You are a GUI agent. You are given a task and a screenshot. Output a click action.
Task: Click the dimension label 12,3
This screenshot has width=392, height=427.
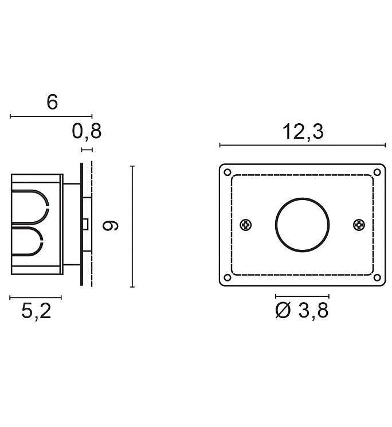303,132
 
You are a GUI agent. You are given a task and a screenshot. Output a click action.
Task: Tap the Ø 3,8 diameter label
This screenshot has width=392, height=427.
301,310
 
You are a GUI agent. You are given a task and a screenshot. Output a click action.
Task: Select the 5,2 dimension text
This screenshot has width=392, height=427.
36,311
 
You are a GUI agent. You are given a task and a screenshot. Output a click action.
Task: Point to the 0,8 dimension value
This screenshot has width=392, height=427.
87,131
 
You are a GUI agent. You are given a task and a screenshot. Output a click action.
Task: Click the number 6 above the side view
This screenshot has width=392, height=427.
52,102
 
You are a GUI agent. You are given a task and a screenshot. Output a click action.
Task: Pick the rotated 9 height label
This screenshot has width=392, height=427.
110,226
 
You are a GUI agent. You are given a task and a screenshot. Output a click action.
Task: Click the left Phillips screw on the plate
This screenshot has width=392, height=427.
245,225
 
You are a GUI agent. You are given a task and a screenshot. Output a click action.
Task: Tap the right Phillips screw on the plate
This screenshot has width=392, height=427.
359,225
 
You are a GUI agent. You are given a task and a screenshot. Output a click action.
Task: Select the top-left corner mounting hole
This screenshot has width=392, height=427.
228,173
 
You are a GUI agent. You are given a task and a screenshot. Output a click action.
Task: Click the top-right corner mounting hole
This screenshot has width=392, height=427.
377,173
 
